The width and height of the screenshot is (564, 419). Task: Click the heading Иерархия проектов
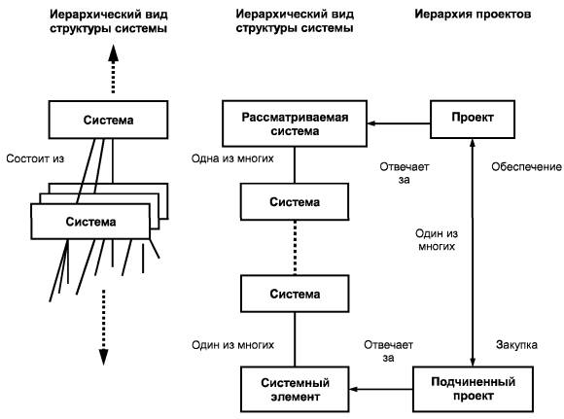tap(473, 15)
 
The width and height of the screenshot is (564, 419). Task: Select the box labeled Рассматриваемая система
tap(295, 123)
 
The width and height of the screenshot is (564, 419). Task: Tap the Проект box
tap(473, 120)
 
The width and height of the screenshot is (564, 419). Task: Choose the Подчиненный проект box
tap(473, 389)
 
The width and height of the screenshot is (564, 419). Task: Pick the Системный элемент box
tap(295, 389)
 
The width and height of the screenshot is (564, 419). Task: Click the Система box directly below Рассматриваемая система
tap(295, 202)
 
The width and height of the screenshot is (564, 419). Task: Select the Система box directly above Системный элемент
tap(295, 294)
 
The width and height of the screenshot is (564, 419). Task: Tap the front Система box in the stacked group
tap(90, 222)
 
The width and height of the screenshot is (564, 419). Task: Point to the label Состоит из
tap(35, 158)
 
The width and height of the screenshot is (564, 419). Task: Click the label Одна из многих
tap(232, 158)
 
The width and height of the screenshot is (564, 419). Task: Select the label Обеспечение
tap(526, 167)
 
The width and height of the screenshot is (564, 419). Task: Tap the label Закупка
tap(516, 344)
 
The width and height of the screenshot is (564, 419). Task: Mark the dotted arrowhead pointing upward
tap(114, 52)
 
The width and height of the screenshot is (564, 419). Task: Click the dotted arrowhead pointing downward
tap(104, 357)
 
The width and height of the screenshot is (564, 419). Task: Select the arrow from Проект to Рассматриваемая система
tap(399, 123)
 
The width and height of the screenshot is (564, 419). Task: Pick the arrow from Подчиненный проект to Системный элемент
tap(381, 389)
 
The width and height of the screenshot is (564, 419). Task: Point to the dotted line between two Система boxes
tap(295, 248)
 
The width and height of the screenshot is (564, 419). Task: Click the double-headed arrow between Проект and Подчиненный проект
tap(473, 253)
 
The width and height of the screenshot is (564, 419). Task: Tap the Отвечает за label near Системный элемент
tap(388, 351)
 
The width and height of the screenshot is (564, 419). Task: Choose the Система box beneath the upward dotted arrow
tap(108, 120)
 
